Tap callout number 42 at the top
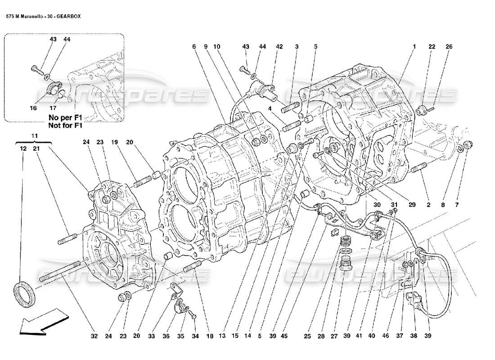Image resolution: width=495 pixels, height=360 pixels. tap(279, 47)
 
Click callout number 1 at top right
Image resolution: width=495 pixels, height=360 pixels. tap(414, 47)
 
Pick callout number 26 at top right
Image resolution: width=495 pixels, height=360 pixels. tap(449, 47)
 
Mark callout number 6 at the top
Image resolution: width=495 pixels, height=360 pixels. tap(193, 47)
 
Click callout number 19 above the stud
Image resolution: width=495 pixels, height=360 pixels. tap(115, 142)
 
